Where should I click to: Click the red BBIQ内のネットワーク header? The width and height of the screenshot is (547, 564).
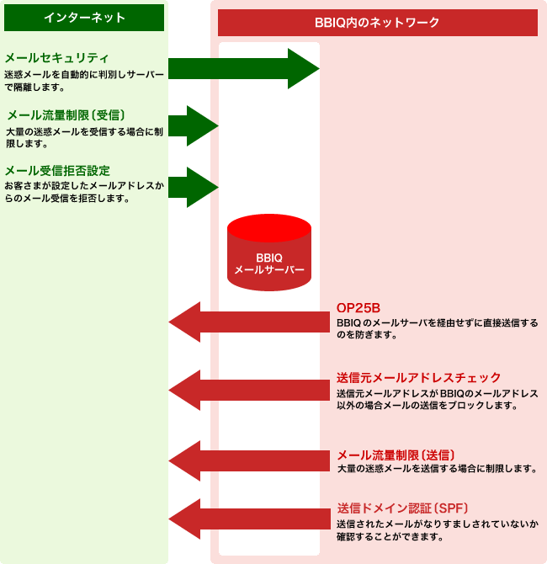point(377,22)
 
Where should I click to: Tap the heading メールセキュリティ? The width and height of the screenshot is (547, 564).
point(57,58)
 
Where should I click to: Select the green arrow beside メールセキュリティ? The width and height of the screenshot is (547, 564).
point(244,68)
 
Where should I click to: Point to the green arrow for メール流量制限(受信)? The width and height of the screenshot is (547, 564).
point(194,126)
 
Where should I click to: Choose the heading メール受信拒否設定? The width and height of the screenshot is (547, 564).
point(57,170)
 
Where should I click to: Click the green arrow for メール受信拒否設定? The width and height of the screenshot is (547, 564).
point(194,187)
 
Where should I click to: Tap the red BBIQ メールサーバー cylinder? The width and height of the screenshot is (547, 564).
point(268,253)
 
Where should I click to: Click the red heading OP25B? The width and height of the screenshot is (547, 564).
point(358,307)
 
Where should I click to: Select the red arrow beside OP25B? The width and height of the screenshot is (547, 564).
point(252,322)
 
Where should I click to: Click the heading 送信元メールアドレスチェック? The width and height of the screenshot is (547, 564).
point(418,377)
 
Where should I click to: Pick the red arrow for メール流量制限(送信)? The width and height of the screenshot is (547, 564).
point(252,460)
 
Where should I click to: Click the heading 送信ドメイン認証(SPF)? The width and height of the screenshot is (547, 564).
point(402,508)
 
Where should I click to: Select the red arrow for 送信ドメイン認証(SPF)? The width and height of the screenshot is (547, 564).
point(252,519)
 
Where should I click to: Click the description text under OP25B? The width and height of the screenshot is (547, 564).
point(437,328)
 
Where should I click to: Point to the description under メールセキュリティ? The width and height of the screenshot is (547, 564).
point(84,81)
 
